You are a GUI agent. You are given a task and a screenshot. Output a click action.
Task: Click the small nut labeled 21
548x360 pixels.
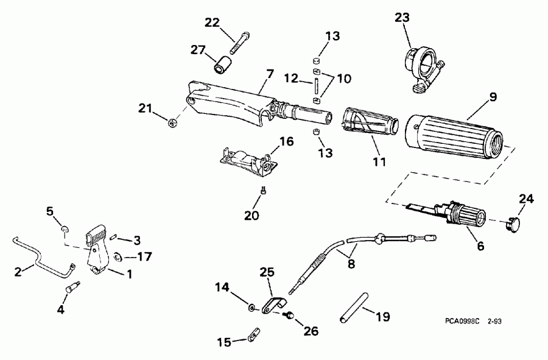173,124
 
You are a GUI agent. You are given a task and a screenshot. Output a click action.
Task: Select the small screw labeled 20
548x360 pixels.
263,191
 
